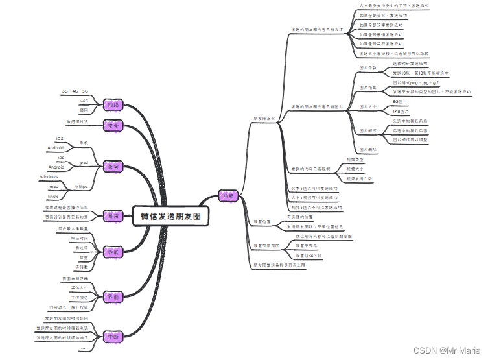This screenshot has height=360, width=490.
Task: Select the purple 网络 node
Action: click(114, 105)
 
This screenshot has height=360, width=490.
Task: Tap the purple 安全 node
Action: click(114, 125)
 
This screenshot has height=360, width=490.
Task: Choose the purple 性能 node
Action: click(114, 252)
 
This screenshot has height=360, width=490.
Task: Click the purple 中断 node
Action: click(114, 337)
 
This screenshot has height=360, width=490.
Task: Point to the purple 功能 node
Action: click(228, 195)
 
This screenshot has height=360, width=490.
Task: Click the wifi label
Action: click(84, 102)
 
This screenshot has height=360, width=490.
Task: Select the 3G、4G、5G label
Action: click(75, 91)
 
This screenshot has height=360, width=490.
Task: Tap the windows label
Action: click(49, 176)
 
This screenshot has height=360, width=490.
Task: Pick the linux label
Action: click(53, 195)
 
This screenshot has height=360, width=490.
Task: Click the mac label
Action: click(54, 186)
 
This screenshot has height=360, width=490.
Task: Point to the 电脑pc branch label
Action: click(80, 186)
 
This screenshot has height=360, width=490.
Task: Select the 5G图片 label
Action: click(400, 102)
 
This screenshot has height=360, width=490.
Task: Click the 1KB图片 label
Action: click(401, 112)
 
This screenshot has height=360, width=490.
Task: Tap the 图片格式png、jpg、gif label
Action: click(415, 83)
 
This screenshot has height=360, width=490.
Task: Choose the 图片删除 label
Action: click(368, 149)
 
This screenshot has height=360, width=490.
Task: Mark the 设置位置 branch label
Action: click(262, 221)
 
